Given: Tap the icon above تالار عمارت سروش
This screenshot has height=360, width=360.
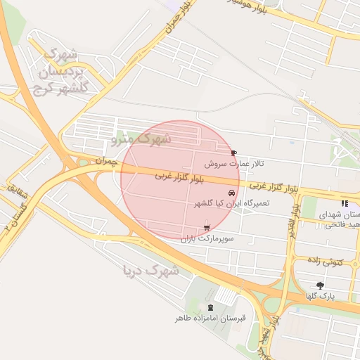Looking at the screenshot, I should point(233,153).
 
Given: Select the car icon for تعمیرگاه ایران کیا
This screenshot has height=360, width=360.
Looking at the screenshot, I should point(231,193).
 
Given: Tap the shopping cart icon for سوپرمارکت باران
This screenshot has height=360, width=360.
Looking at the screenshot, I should point(206,227).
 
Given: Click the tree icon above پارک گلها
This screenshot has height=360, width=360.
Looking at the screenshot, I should point(321,285).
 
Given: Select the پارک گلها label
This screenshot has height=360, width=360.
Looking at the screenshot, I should point(320,297).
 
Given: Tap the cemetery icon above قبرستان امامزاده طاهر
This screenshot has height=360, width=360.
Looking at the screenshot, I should point(210,307).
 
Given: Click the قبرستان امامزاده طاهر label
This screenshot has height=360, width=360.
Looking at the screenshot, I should point(210,319).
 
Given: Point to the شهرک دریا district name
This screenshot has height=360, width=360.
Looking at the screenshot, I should point(150,270).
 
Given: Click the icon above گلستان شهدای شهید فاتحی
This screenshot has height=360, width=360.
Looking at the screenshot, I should point(344,202).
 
